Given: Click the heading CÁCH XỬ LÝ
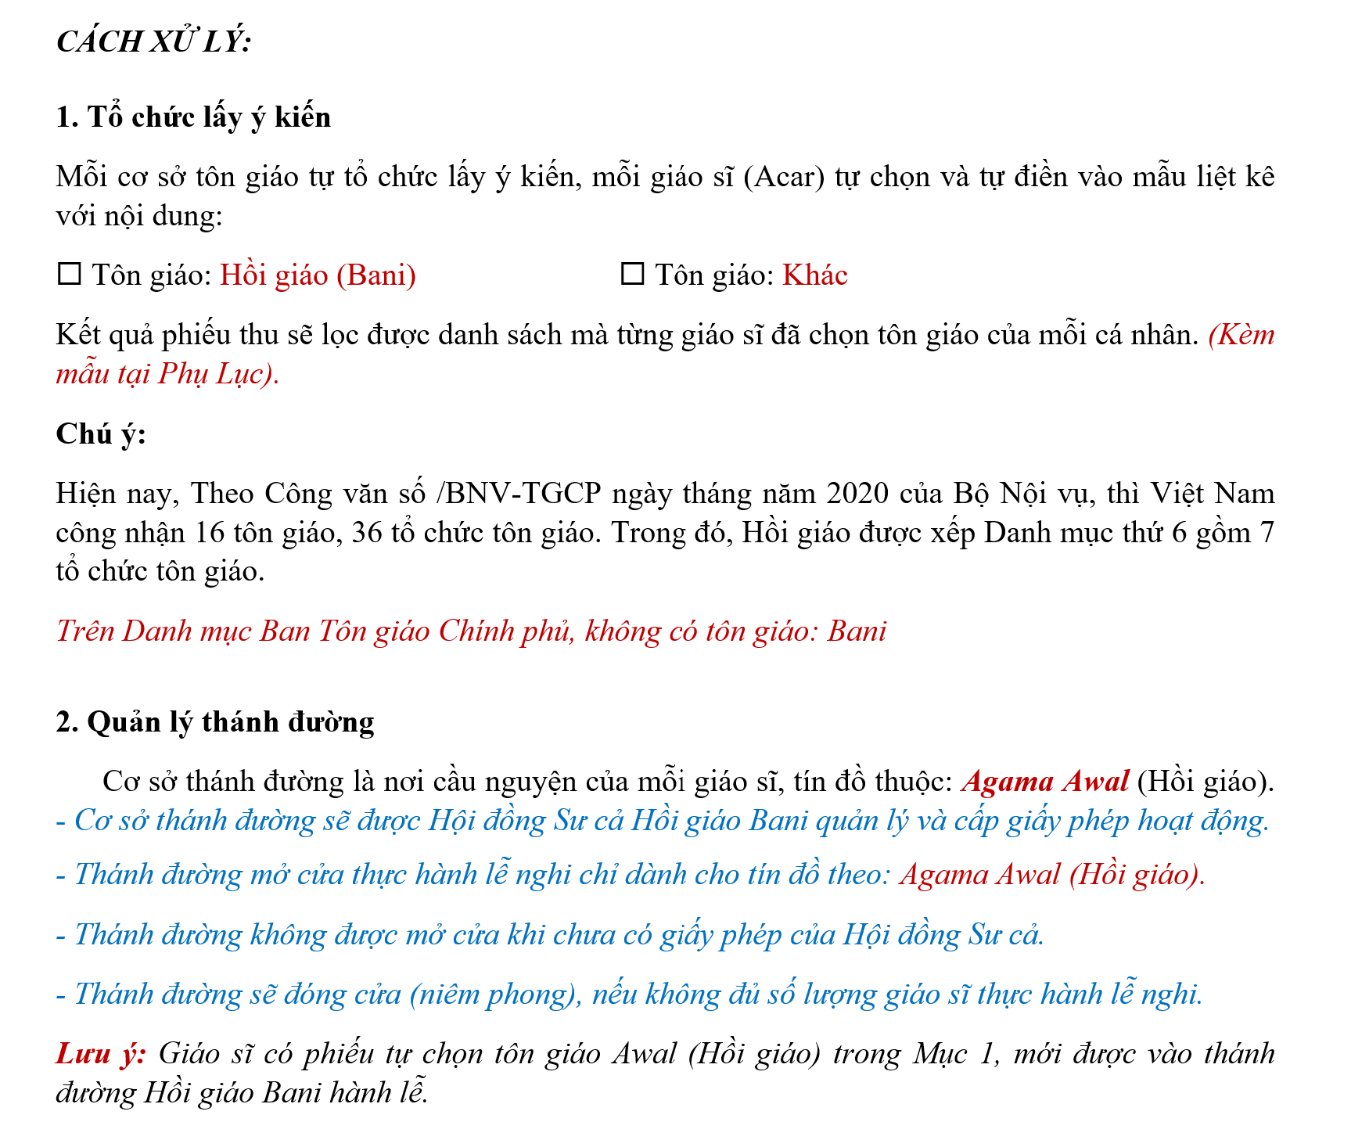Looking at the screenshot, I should [153, 41].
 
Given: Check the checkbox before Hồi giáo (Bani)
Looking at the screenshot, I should [70, 275].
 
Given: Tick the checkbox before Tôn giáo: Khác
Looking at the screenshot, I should [632, 275].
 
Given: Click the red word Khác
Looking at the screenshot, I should [815, 275].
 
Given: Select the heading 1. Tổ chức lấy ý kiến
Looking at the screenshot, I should [193, 117].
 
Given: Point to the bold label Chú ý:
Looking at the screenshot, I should [101, 433].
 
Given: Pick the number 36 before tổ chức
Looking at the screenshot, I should [368, 533].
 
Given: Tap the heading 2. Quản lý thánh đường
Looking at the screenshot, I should [215, 721].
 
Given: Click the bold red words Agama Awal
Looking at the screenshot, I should [1045, 782].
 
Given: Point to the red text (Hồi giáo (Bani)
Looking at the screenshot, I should [318, 275].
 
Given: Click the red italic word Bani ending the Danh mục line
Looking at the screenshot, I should [857, 631].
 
